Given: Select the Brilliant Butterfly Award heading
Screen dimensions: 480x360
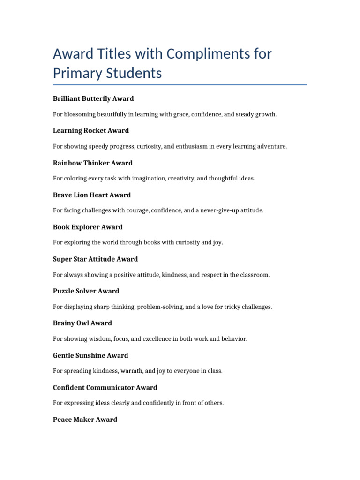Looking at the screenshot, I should coord(93,98).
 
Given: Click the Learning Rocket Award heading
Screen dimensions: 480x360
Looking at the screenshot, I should coord(91,130).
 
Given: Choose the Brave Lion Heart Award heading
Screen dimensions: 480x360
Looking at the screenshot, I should coord(92,195).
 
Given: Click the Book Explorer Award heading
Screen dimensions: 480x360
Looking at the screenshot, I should coord(88,227).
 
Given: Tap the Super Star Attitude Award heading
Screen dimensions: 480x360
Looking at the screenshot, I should coord(96,259).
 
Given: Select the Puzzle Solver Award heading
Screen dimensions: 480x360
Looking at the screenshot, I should coord(86,291).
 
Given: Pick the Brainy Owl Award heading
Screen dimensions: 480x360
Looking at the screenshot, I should coord(82,323).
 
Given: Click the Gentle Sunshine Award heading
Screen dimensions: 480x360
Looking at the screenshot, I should coord(90,355).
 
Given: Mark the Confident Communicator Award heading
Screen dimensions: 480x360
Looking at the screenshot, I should coord(105,387).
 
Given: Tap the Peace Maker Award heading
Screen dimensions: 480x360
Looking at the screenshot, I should coord(85,420).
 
